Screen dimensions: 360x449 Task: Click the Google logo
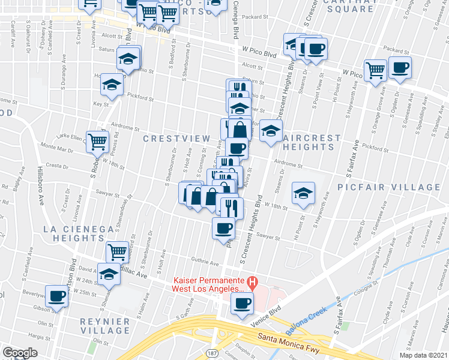click(x=20, y=353)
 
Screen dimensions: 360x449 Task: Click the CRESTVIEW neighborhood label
click(x=176, y=139)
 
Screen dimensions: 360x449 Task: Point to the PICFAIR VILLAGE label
click(x=388, y=187)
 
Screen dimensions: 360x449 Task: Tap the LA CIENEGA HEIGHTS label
click(x=78, y=234)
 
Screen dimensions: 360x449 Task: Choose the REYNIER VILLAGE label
click(x=105, y=326)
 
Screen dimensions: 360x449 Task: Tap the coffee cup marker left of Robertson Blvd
click(x=58, y=296)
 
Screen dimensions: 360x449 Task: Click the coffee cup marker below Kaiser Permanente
click(x=243, y=303)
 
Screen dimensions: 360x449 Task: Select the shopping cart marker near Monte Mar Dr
click(x=97, y=142)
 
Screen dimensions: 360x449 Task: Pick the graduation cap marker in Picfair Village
click(x=303, y=193)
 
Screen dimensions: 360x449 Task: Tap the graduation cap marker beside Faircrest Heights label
click(x=271, y=131)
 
